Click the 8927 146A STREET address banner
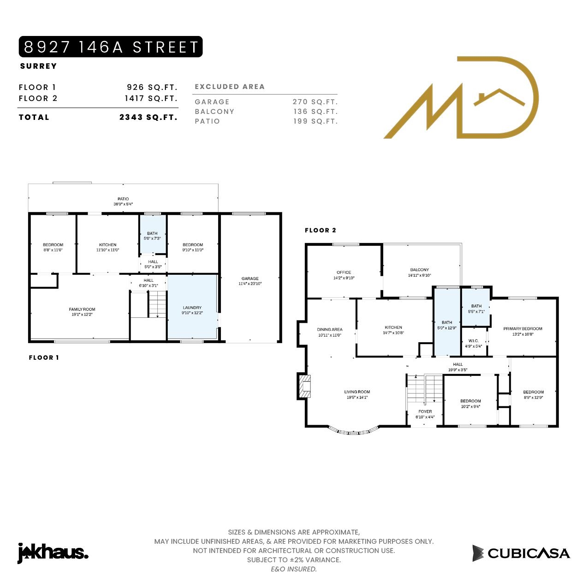(x=111, y=47)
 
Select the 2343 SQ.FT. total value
(x=148, y=117)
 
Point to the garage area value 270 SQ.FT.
(x=315, y=102)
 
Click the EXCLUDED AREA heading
(x=230, y=87)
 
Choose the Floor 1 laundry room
(x=192, y=307)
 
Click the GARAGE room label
(x=250, y=278)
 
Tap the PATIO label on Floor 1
(x=123, y=199)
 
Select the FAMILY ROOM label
(x=82, y=309)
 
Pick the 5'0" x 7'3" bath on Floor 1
(x=153, y=234)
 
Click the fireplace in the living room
(x=304, y=386)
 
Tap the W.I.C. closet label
(x=473, y=340)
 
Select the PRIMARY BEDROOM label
(x=523, y=329)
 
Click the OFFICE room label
(x=344, y=272)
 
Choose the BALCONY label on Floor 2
(x=420, y=270)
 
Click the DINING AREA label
(x=330, y=329)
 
